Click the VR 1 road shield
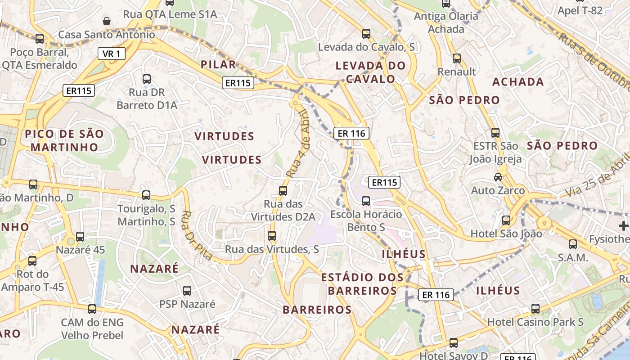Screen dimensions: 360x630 111,54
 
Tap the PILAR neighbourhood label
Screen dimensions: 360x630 218,64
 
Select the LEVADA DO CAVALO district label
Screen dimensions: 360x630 370,72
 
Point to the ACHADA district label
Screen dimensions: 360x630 518,82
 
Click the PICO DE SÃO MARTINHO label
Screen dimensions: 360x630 64,140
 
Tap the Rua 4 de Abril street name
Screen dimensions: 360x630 299,144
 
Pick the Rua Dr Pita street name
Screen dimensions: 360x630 197,235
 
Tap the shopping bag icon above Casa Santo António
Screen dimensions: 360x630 107,21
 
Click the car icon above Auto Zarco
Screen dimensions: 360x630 498,177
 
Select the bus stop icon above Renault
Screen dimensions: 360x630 457,58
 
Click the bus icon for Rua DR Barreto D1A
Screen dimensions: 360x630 146,79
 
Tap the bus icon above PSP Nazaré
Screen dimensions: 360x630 187,291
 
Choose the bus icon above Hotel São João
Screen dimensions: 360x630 506,220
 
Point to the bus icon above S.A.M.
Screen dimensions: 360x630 572,244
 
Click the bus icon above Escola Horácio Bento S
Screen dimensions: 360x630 366,201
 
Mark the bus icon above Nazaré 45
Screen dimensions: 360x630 80,236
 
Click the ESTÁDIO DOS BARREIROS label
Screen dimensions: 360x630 362,284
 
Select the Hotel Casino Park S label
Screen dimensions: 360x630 535,322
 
